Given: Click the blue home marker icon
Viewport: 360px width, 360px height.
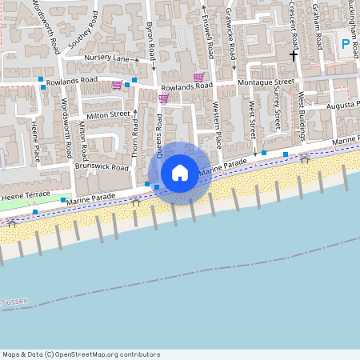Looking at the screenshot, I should [180, 172].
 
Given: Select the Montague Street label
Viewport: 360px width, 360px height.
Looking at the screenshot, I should [263, 82].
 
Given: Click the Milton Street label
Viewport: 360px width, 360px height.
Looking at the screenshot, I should [108, 115].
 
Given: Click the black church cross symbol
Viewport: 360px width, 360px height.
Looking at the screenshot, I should [293, 56].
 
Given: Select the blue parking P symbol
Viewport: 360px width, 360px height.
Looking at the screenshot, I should [346, 45].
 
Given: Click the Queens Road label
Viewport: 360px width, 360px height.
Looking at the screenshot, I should [160, 136].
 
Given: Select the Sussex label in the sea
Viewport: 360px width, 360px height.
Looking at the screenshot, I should [14, 302].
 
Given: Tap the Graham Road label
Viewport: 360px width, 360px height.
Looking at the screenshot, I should [317, 24].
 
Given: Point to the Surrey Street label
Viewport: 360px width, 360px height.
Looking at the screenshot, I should [277, 107].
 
